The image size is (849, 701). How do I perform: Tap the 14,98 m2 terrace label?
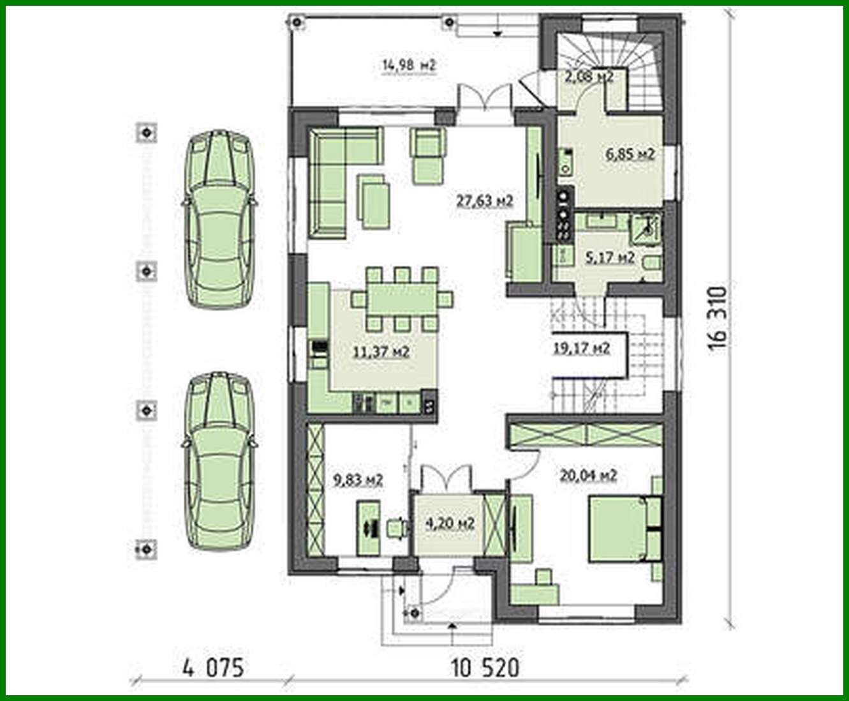(x=409, y=64)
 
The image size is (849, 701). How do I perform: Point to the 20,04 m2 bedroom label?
(x=588, y=475)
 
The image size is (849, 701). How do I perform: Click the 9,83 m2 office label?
(x=358, y=480)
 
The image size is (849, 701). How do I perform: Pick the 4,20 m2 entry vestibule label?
(x=449, y=524)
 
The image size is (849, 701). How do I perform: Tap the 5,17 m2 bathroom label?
(x=610, y=258)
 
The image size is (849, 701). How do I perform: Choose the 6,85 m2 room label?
(x=630, y=154)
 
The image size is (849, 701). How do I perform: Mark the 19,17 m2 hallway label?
(x=581, y=348)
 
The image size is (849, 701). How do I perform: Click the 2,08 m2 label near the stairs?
(x=588, y=77)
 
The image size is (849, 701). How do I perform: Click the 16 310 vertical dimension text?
(x=718, y=318)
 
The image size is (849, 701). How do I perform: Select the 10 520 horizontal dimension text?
(x=485, y=668)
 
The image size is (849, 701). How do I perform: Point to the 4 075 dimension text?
(x=213, y=668)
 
